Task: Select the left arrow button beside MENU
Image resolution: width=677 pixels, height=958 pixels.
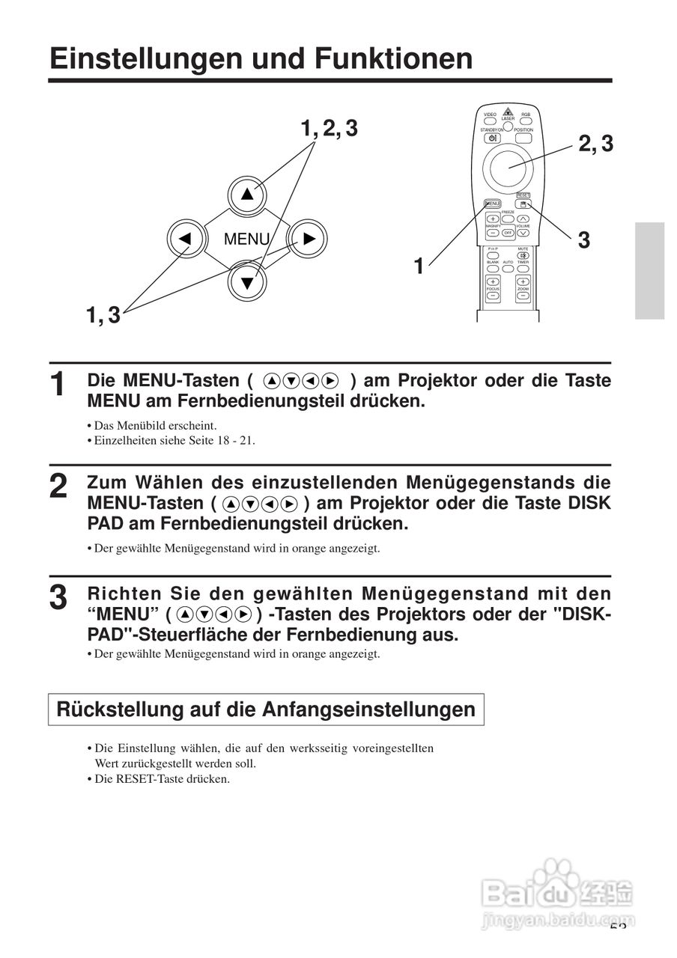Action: tap(185, 239)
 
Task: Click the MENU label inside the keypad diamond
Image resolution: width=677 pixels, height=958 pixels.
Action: tap(246, 239)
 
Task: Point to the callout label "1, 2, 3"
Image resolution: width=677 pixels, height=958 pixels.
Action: tap(329, 129)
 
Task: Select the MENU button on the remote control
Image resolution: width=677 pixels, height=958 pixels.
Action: tap(492, 204)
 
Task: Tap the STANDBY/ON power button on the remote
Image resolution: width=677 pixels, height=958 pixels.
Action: tap(492, 138)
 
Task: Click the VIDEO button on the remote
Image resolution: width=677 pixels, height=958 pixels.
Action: tap(490, 119)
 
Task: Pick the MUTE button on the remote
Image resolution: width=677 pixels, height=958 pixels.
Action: tap(523, 254)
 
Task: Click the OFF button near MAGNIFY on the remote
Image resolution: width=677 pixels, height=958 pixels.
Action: tap(508, 233)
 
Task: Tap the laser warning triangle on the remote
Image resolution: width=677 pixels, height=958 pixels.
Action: tap(508, 110)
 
